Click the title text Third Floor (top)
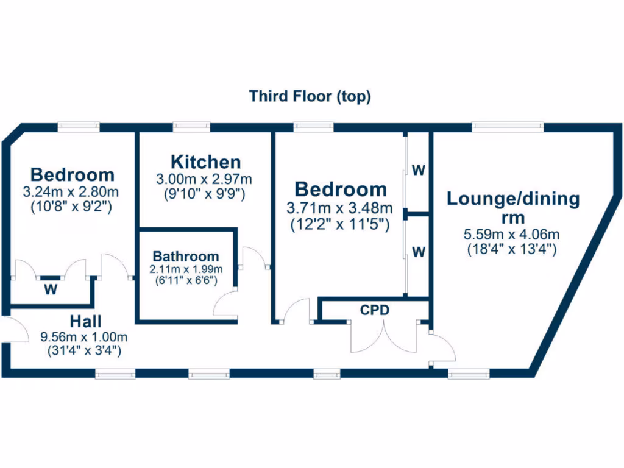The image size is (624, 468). [310, 96]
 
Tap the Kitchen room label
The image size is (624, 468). [205, 162]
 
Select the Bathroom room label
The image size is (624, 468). [185, 256]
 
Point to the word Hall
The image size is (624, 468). [85, 321]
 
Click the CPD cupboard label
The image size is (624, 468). [374, 310]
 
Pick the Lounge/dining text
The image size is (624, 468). [513, 199]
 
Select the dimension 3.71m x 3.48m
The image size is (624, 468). [340, 208]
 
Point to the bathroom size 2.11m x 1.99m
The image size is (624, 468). [185, 269]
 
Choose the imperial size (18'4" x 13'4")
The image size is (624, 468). [512, 249]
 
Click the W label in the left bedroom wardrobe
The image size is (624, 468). [50, 289]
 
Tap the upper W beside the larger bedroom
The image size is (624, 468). [418, 171]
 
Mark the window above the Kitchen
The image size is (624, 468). [191, 127]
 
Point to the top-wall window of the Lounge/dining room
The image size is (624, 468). [508, 127]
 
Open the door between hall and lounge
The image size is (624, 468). [442, 349]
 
